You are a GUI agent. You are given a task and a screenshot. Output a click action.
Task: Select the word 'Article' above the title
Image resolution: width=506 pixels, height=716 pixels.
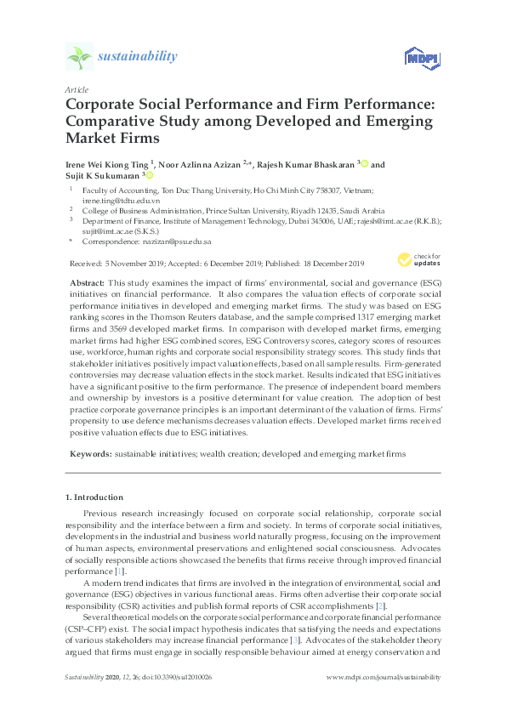pyautogui.click(x=76, y=88)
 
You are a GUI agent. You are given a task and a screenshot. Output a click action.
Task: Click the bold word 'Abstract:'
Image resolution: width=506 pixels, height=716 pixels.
pyautogui.click(x=86, y=281)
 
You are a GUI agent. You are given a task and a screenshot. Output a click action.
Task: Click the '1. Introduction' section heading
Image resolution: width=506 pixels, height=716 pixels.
pyautogui.click(x=94, y=497)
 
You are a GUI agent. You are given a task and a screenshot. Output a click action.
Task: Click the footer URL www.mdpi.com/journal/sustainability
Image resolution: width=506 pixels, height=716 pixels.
pyautogui.click(x=384, y=700)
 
